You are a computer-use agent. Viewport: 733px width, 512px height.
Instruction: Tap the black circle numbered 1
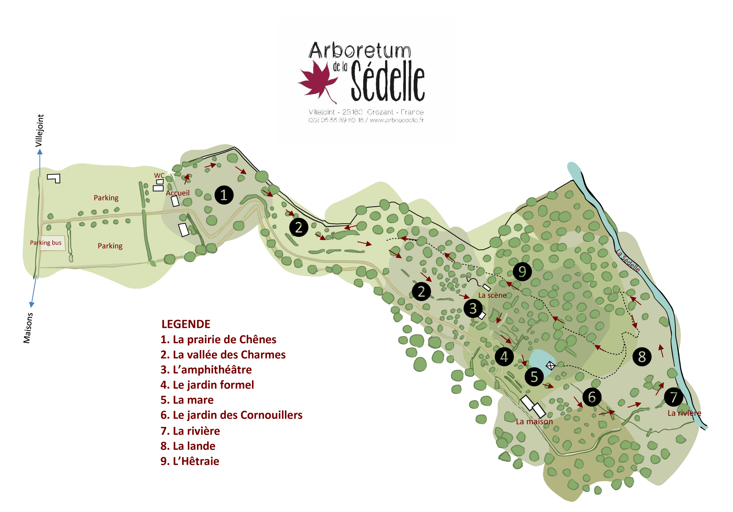tap(224, 195)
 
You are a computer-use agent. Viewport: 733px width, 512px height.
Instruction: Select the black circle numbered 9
tap(522, 271)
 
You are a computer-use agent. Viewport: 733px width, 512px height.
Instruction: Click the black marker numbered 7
tap(674, 397)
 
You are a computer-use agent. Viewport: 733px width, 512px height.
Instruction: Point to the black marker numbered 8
tap(642, 356)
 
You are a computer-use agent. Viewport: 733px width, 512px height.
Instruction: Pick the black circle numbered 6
tap(592, 397)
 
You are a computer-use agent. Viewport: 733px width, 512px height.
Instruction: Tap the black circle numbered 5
tap(534, 376)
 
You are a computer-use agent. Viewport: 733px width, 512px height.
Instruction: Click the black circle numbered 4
tap(504, 356)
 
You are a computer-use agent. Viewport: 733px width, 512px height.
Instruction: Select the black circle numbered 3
tap(473, 308)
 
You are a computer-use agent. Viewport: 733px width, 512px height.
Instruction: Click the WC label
tap(159, 176)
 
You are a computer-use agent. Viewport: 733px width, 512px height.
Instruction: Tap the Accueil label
tap(178, 193)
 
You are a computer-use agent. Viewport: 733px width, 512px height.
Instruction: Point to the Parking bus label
tap(46, 243)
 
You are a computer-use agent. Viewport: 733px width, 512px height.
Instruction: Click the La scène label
tap(492, 295)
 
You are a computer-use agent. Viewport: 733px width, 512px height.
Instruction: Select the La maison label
tap(534, 422)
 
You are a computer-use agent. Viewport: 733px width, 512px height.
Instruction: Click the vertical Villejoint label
tap(40, 131)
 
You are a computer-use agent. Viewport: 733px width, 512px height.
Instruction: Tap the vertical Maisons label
tap(28, 328)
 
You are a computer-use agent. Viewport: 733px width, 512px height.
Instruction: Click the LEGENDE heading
tap(186, 324)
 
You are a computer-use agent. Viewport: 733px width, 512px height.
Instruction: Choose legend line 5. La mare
tap(187, 400)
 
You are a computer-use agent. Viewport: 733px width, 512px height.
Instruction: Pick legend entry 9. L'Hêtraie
tap(190, 461)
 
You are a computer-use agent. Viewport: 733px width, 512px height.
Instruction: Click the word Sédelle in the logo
tap(388, 81)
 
